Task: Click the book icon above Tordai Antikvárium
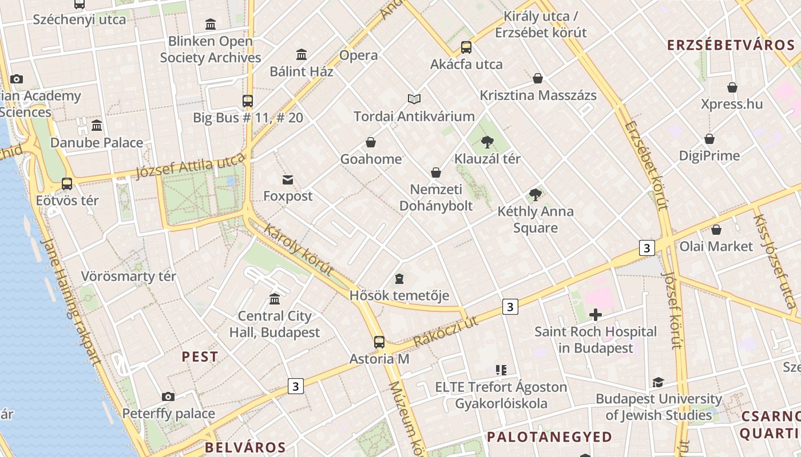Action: click(414, 99)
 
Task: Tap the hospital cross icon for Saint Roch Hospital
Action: click(596, 314)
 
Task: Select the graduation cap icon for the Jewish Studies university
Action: click(659, 382)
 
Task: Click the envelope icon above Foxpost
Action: click(288, 180)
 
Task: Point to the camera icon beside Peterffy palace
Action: click(168, 396)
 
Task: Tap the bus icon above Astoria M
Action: click(379, 342)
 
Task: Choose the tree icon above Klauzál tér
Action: click(487, 142)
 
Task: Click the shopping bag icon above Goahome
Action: click(371, 142)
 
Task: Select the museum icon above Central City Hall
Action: click(275, 299)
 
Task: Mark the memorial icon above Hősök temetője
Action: click(399, 279)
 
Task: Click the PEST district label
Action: click(200, 357)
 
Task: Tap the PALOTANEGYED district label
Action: click(549, 437)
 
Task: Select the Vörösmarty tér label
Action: click(128, 276)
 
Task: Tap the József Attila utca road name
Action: click(191, 166)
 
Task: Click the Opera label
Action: click(359, 55)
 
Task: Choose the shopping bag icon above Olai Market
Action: click(716, 230)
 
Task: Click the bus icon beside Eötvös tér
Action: click(67, 184)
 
